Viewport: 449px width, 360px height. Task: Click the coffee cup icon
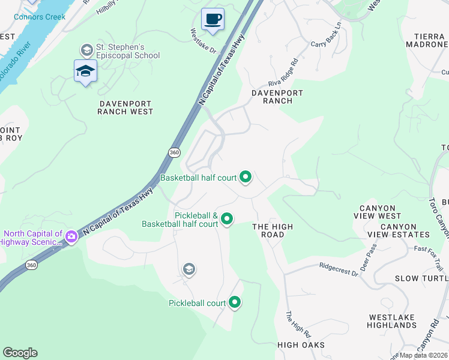(212, 19)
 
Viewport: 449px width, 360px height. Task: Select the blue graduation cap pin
(85, 71)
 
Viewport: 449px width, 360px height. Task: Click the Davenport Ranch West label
(125, 107)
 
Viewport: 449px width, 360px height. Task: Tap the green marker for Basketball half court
(245, 177)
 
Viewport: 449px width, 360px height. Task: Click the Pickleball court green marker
(235, 302)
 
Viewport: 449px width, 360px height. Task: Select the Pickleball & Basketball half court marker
(227, 219)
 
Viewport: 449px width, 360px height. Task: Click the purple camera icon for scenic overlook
(71, 238)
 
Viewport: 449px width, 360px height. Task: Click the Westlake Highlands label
(393, 321)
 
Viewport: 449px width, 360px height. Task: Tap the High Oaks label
(301, 345)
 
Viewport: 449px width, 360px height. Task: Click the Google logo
(20, 352)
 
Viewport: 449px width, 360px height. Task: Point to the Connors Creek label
(39, 17)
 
